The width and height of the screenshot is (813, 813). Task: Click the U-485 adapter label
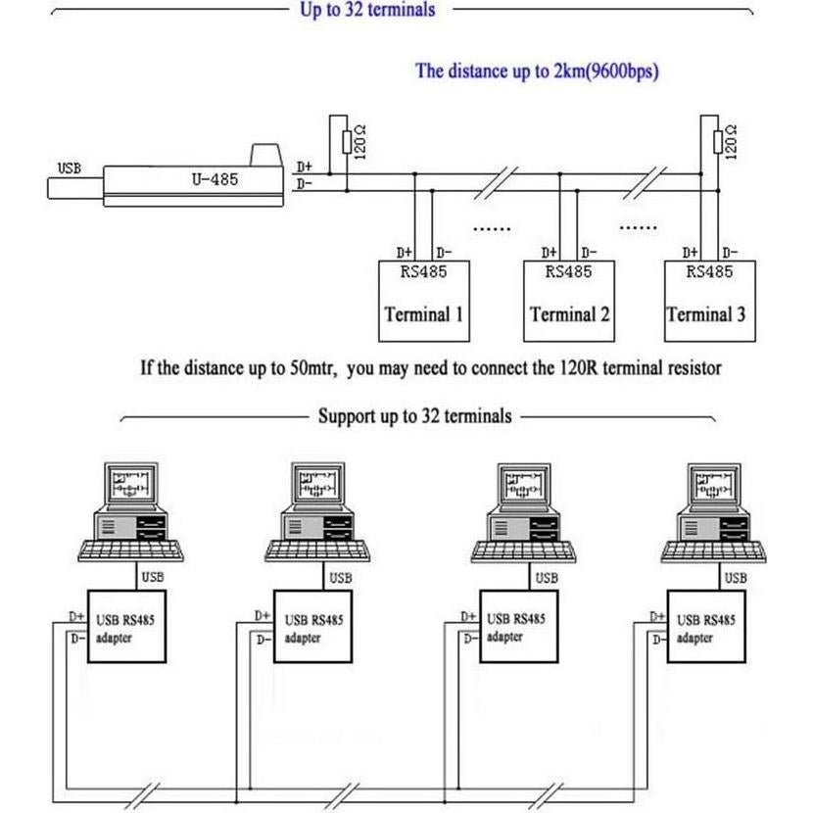213,179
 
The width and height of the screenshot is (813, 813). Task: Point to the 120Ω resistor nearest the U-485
346,143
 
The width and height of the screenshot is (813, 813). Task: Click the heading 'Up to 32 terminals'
367,10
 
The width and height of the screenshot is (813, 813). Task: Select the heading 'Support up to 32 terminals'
414,416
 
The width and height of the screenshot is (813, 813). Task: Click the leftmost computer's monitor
130,485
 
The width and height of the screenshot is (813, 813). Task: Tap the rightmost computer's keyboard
708,551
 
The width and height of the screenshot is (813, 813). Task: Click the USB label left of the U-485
70,167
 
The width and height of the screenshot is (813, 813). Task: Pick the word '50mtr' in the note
312,369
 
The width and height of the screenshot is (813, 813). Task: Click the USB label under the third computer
547,578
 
